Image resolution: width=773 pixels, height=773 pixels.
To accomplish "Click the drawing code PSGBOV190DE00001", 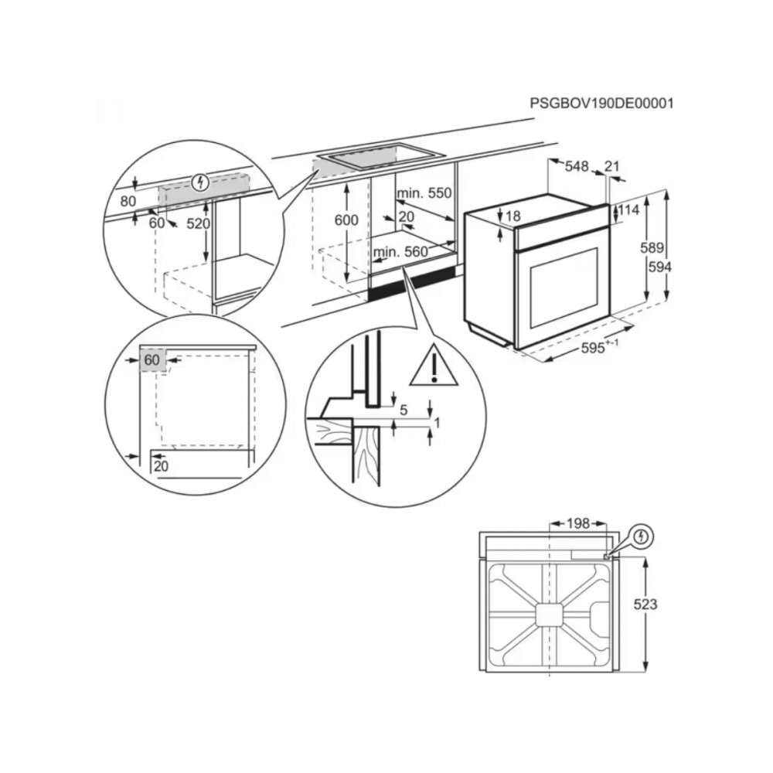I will coord(601,103).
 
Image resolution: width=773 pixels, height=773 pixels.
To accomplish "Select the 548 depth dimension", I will coord(577,166).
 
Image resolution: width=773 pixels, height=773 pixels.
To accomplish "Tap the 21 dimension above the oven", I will coord(612,166).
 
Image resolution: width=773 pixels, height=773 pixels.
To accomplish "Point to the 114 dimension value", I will coord(630,210).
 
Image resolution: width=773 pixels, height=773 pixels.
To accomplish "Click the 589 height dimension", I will coord(656,249).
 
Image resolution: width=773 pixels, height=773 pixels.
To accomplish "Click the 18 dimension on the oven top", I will coord(513,216).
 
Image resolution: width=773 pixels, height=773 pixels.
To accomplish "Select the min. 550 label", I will coord(423,193).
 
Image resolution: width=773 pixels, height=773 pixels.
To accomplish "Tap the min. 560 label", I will coord(400,252).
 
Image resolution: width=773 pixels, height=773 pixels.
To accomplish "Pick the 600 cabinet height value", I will coord(346,220).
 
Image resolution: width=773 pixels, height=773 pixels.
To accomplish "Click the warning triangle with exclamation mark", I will coord(434,366).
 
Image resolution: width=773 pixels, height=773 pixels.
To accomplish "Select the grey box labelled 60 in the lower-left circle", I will coord(153,360).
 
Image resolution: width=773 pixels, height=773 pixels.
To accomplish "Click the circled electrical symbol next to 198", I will coord(642,535).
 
